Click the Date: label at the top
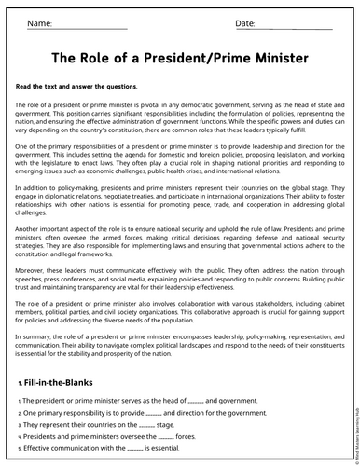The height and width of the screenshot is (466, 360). click(245, 22)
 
